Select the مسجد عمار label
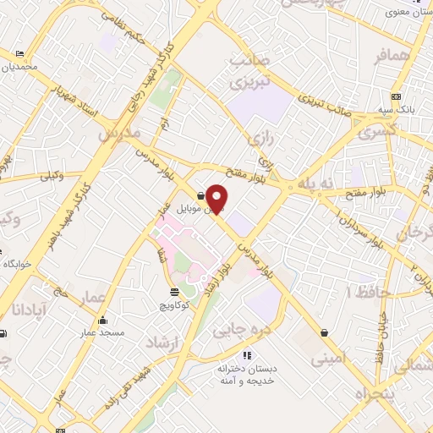[x=102, y=333]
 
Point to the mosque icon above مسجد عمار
[x=102, y=321]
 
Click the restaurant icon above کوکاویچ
[x=173, y=292]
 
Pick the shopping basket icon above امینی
[x=325, y=332]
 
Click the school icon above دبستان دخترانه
[x=247, y=355]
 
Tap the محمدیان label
[x=19, y=67]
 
